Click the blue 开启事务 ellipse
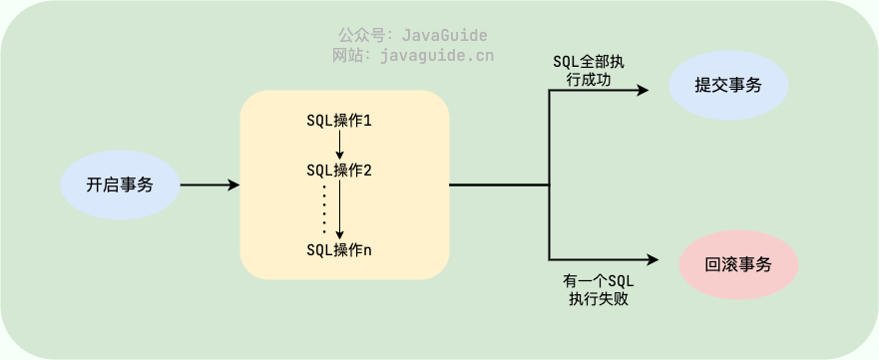point(119,185)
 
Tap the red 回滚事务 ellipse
point(738,266)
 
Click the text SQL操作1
point(339,121)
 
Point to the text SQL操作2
point(339,170)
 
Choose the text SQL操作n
point(339,248)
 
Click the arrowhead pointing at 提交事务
point(644,90)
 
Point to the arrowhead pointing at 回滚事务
point(654,260)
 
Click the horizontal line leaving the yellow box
point(499,185)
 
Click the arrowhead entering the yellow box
point(233,185)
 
